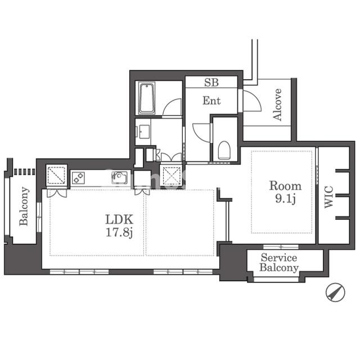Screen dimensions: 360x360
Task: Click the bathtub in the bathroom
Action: coord(147,98)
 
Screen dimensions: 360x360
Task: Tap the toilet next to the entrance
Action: coord(224,150)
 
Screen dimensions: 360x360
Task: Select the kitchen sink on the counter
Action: coord(119,178)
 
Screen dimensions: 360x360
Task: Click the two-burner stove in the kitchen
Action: coord(78,178)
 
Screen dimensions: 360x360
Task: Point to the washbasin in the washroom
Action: coord(143,132)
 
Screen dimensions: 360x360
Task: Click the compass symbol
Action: coord(335,292)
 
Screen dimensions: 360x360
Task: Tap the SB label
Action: coord(211,83)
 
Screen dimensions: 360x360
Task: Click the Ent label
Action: coord(211,101)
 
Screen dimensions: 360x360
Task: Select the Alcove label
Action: coord(277,105)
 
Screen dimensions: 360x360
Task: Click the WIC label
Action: coord(328,197)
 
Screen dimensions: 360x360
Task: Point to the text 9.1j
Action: coord(285,199)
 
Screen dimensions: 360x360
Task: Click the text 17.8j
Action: coord(119,232)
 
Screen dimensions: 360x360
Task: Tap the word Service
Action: coord(279,258)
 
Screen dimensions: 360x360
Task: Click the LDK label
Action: coord(119,219)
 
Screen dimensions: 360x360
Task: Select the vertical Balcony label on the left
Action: coord(24,206)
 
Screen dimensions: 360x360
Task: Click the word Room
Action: coord(285,186)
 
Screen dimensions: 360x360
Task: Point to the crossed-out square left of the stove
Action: coord(56,175)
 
